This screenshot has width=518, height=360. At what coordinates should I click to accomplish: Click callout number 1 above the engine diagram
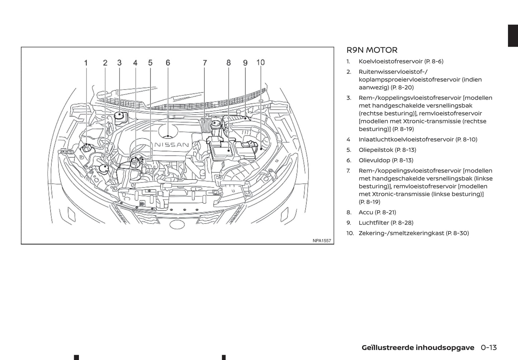point(86,63)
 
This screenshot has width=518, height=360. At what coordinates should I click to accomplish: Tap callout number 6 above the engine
point(168,63)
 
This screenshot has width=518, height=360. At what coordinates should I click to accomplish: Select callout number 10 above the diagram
point(261,63)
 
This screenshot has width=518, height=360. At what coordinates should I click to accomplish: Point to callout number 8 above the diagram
point(229,63)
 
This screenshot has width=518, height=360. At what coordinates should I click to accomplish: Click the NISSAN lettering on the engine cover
point(172,145)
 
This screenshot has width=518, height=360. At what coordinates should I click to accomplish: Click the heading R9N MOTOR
point(372,50)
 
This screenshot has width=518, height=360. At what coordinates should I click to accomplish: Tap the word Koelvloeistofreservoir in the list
point(390,61)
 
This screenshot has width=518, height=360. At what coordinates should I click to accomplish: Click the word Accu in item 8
point(366,212)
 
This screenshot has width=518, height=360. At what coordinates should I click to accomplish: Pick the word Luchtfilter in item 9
point(374,222)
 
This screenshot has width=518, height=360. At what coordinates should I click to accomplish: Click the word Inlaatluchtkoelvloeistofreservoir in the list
point(406,139)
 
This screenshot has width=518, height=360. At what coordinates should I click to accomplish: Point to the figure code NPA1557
point(322,241)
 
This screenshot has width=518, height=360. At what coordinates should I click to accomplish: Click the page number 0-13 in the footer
point(489,347)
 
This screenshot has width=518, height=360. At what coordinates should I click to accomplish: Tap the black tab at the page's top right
point(513,36)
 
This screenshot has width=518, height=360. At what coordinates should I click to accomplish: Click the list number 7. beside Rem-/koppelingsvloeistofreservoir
point(348,171)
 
